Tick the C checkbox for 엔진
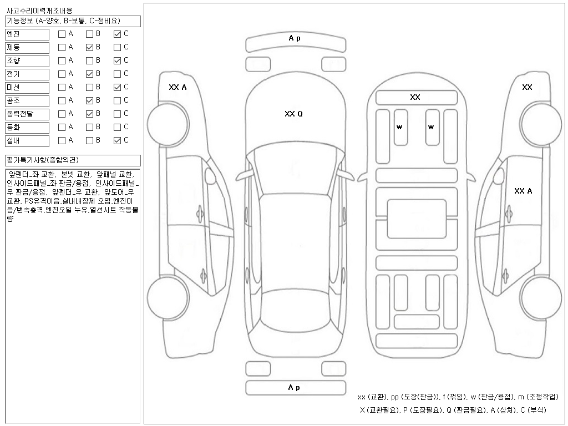tap(117, 34)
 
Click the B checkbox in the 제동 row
tap(89, 47)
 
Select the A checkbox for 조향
tap(62, 60)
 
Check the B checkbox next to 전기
tap(89, 74)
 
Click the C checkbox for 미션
tap(117, 87)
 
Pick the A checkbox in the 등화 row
tap(62, 127)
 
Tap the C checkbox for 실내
tap(117, 140)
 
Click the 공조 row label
tap(27, 100)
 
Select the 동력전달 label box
tap(27, 114)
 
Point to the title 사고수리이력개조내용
tap(39, 11)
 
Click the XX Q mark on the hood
tap(293, 114)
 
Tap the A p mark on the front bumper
tap(294, 38)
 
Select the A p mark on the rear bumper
tap(294, 388)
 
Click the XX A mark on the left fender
tap(177, 87)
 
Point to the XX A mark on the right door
tap(523, 191)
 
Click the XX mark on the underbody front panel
tap(415, 97)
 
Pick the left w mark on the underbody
tap(399, 127)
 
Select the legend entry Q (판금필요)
tap(466, 410)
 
